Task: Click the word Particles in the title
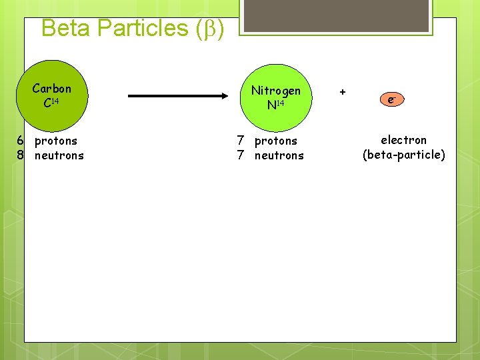pyautogui.click(x=143, y=28)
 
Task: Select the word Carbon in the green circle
pyautogui.click(x=51, y=89)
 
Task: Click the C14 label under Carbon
pyautogui.click(x=51, y=103)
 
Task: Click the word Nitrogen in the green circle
pyautogui.click(x=275, y=91)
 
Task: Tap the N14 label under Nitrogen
pyautogui.click(x=275, y=105)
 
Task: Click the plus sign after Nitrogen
pyautogui.click(x=343, y=91)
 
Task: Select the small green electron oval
pyautogui.click(x=392, y=100)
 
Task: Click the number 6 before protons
pyautogui.click(x=21, y=141)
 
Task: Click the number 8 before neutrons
pyautogui.click(x=21, y=155)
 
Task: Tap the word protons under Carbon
pyautogui.click(x=56, y=141)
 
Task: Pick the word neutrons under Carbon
pyautogui.click(x=59, y=155)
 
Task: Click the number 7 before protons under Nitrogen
pyautogui.click(x=241, y=141)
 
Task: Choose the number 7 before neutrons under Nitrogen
pyautogui.click(x=241, y=155)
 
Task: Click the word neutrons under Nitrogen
pyautogui.click(x=279, y=155)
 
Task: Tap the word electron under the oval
pyautogui.click(x=403, y=140)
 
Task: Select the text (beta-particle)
pyautogui.click(x=403, y=155)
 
